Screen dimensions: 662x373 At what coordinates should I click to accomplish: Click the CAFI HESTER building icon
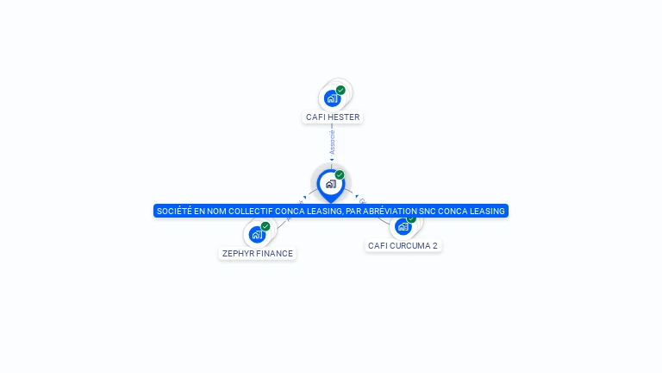(x=333, y=98)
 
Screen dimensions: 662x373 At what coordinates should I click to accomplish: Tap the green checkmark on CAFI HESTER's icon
(x=340, y=90)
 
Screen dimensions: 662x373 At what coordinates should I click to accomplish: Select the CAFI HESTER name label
(x=333, y=117)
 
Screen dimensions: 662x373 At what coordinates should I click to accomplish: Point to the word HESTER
(x=344, y=117)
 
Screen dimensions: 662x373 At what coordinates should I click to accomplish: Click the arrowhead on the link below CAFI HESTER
(x=332, y=160)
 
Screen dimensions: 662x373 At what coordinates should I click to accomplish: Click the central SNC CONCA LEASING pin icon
(x=330, y=184)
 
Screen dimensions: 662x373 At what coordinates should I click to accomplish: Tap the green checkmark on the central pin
(x=340, y=174)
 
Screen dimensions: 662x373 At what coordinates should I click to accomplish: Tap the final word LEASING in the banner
(x=489, y=211)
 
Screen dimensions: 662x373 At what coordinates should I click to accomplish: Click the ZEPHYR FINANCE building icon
(x=257, y=234)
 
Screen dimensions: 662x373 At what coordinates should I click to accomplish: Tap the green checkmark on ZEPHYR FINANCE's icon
(x=265, y=226)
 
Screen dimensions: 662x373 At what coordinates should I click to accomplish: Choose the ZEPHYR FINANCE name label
(x=258, y=254)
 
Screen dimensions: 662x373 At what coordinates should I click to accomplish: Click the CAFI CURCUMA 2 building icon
(x=403, y=228)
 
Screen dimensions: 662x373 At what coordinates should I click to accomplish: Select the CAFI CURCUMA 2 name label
(x=403, y=246)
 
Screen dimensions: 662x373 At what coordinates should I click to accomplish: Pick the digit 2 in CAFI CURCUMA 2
(x=435, y=246)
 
